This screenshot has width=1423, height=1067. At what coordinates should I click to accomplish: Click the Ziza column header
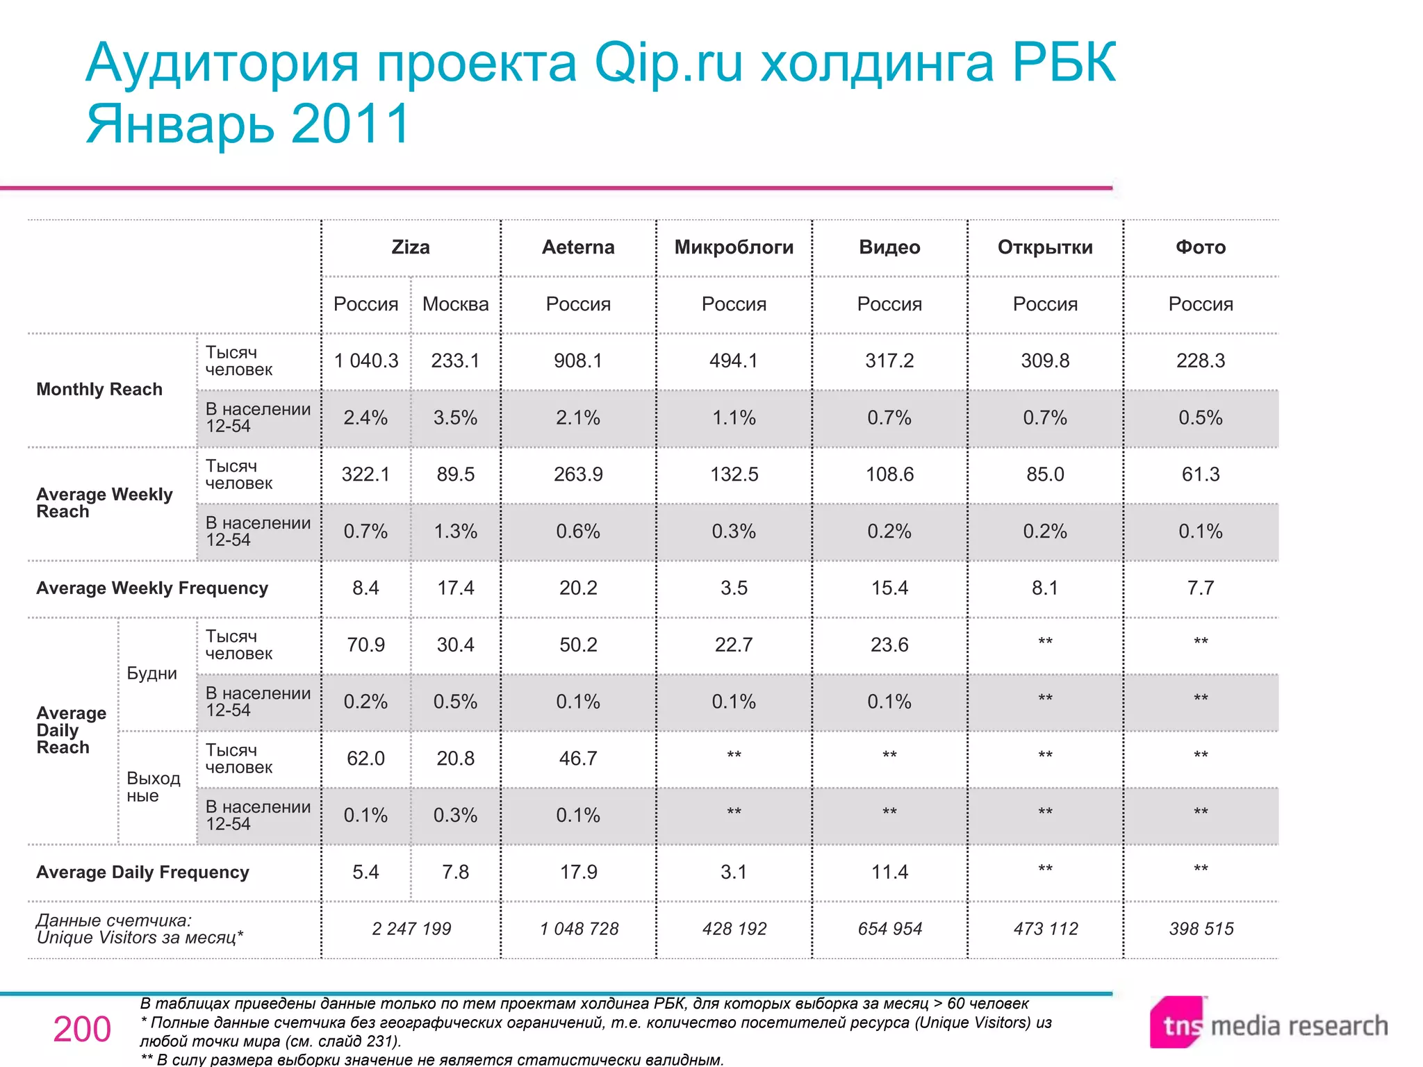[411, 247]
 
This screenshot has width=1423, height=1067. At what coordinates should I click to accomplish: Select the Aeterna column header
[578, 247]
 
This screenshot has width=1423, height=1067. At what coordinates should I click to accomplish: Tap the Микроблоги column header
[734, 247]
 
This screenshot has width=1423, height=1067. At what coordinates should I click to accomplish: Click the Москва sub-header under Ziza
[455, 304]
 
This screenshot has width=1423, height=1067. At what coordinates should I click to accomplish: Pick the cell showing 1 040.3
[366, 361]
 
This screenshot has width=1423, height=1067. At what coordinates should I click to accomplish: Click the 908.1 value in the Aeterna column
[578, 361]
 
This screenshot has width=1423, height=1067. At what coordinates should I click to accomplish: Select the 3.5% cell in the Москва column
[455, 417]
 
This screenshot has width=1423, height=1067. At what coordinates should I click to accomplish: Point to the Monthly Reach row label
[99, 389]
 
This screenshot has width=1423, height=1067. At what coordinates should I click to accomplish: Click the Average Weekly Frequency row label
[152, 588]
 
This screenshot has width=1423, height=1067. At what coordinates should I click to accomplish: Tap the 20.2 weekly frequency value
[578, 588]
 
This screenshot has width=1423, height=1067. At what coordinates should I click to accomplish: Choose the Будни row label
[152, 673]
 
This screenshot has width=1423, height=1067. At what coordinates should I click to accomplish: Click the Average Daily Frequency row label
[142, 872]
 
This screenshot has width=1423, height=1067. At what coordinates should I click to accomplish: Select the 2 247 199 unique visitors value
[411, 929]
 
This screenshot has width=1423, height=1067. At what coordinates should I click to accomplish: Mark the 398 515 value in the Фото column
[1201, 929]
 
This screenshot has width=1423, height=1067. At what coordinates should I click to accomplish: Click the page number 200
[82, 1029]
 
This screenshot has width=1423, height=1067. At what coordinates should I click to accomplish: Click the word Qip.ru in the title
[668, 63]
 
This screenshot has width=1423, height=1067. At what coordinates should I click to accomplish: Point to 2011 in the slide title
[351, 124]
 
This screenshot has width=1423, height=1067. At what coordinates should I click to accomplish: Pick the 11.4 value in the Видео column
[889, 872]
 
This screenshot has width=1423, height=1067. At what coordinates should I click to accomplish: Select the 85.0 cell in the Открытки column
[1045, 474]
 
